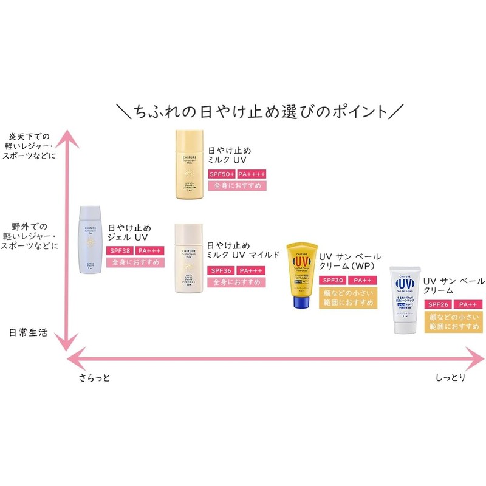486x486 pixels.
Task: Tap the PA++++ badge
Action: pyautogui.click(x=252, y=174)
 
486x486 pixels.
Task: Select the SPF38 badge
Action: pyautogui.click(x=121, y=251)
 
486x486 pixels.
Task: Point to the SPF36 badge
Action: pyautogui.click(x=221, y=270)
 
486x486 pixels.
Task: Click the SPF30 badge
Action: pyautogui.click(x=331, y=280)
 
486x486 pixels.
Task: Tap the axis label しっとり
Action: pyautogui.click(x=451, y=378)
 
